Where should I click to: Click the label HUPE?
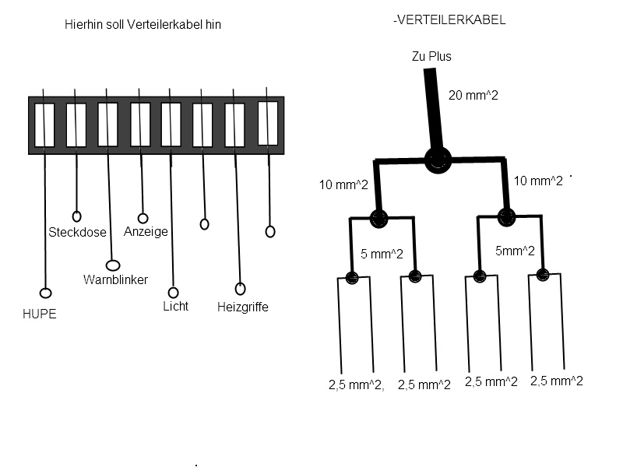40,314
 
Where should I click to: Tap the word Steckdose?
77,232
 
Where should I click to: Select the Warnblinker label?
115,279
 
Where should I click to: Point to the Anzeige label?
146,231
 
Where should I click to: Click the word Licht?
175,306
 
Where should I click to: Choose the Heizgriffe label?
242,307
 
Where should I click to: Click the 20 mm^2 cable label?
473,96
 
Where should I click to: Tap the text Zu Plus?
431,57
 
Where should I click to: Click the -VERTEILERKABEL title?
449,20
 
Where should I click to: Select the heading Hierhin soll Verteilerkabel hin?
143,25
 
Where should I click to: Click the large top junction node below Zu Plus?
438,160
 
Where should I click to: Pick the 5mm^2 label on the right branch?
515,250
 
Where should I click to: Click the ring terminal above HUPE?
45,293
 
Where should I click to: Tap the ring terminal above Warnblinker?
112,265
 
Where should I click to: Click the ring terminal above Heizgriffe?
240,289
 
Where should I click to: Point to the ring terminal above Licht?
173,293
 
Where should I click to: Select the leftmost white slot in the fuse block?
44,125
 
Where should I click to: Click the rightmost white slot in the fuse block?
268,123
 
